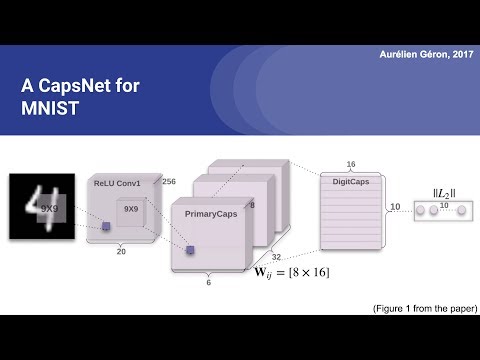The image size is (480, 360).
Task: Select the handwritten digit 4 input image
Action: click(x=42, y=206)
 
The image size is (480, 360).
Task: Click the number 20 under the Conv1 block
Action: click(x=121, y=253)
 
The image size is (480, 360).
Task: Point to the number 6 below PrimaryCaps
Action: click(x=207, y=283)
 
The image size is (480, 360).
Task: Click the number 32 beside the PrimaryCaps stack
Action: click(x=276, y=256)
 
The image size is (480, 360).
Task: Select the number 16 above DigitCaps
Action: click(x=350, y=164)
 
